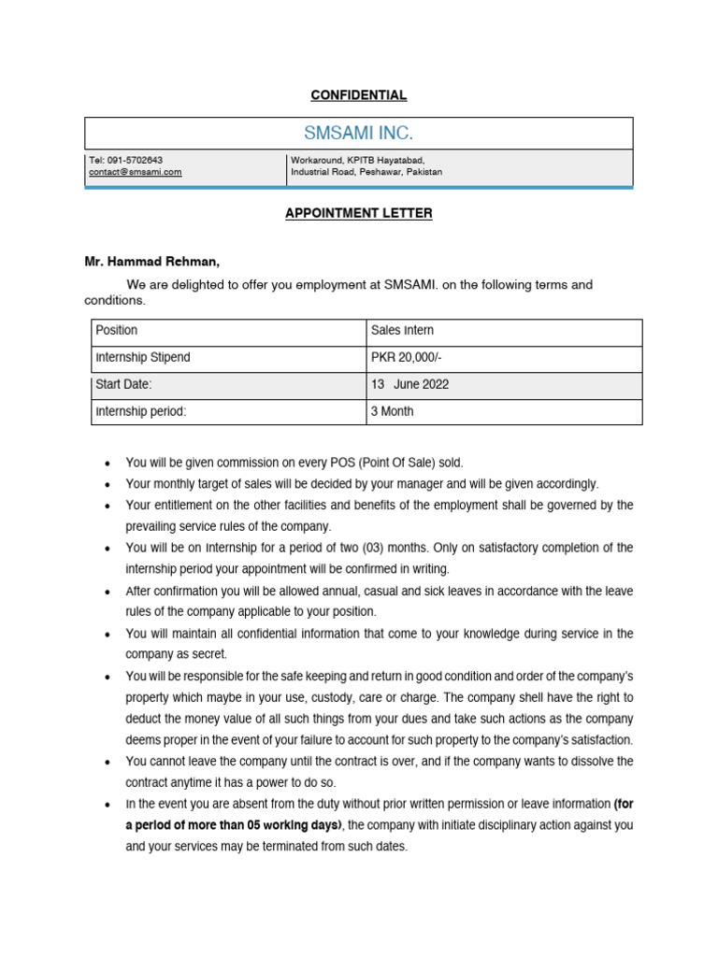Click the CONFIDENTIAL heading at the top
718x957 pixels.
point(359,95)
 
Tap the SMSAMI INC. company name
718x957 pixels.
point(359,134)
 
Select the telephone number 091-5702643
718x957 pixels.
point(137,161)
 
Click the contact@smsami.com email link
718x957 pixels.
point(136,172)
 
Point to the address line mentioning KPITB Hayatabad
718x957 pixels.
point(358,161)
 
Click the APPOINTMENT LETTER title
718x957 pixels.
point(359,213)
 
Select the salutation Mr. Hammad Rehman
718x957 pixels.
point(152,262)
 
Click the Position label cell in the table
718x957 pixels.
point(117,331)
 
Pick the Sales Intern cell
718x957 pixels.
point(402,331)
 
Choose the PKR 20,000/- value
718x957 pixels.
point(407,357)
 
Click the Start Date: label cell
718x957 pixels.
point(124,384)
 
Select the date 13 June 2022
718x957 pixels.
point(409,384)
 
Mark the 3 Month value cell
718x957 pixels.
point(393,411)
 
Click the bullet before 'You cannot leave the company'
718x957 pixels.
point(109,763)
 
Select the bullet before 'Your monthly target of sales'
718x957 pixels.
point(109,484)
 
